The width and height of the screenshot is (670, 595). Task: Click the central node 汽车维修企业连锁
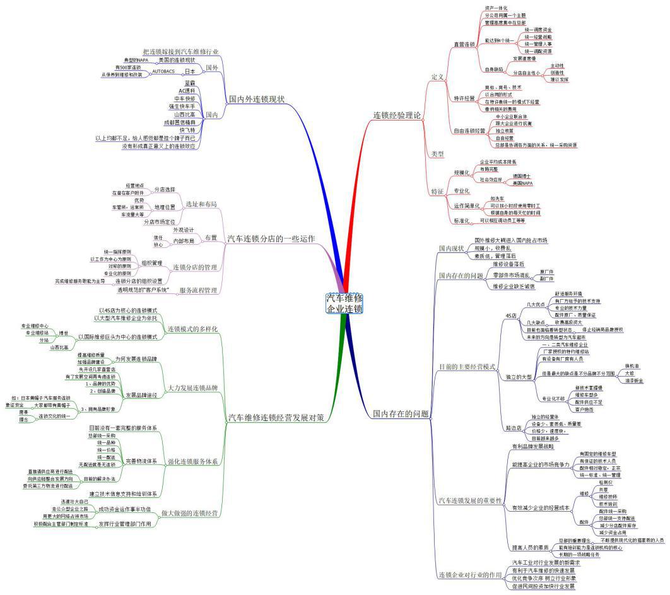pos(344,303)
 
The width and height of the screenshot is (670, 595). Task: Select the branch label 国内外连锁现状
pos(256,99)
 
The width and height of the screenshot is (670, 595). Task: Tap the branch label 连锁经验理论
pos(397,115)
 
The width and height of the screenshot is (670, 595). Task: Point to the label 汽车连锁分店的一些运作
pos(271,239)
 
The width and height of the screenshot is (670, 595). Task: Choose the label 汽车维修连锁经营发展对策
pos(276,418)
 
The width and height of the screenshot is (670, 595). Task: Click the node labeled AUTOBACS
pos(163,71)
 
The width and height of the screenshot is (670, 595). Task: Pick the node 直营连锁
pos(464,45)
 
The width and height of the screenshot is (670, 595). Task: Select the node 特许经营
pos(464,98)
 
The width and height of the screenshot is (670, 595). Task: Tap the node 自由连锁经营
pos(469,131)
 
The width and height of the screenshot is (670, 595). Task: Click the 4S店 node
pos(511,314)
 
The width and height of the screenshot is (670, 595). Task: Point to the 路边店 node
pos(514,428)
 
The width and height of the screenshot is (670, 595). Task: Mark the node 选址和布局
pos(201,204)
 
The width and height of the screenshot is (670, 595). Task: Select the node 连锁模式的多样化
pos(192,329)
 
